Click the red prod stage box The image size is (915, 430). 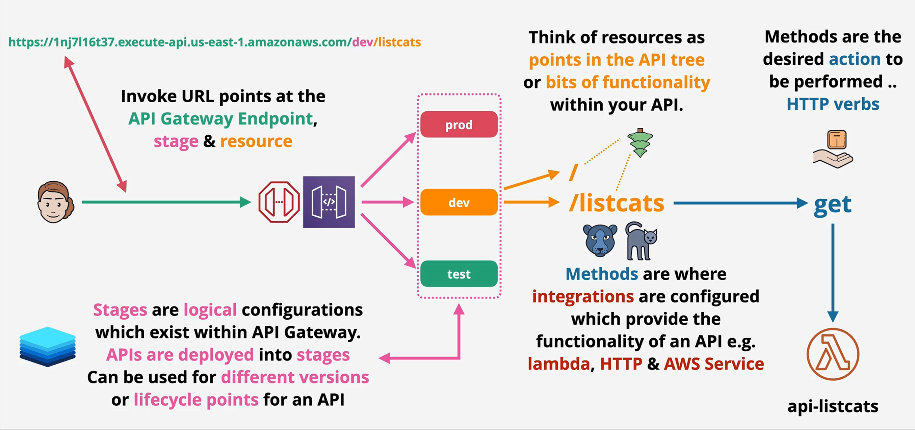[459, 125]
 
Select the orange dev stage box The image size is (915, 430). [459, 203]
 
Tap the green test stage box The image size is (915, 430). [459, 274]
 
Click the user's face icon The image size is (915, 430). [55, 202]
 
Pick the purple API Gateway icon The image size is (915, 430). [329, 202]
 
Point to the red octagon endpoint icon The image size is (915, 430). [279, 202]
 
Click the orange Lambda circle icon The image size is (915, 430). [833, 354]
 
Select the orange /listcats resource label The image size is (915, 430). [616, 204]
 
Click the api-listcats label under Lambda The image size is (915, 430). [833, 406]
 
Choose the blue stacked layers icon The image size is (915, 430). [48, 347]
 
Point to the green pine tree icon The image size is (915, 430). [640, 143]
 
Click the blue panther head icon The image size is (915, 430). [600, 240]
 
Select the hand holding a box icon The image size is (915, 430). [833, 149]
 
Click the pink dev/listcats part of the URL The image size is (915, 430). [387, 42]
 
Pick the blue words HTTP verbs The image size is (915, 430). [833, 104]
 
